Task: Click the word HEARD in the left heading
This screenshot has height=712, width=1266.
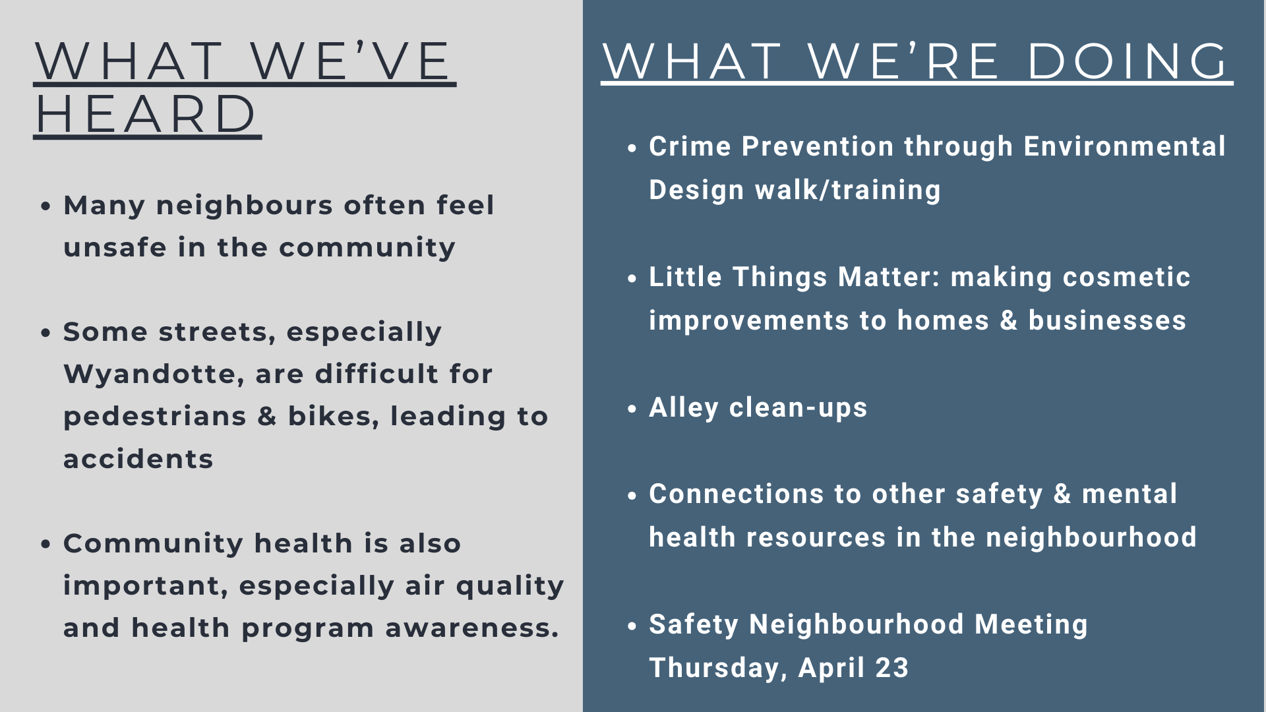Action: coord(146,114)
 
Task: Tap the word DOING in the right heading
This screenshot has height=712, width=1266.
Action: coord(1128,61)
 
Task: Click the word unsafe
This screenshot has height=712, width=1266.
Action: coord(115,247)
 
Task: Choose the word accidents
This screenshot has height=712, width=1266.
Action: coord(138,459)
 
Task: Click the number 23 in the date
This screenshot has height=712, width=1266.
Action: coord(892,668)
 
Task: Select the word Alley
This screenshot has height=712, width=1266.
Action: coord(684,408)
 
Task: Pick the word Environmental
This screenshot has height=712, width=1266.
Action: coord(1124,146)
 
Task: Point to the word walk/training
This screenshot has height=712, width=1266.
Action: coord(848,190)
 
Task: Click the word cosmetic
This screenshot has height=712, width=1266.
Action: coord(1071,277)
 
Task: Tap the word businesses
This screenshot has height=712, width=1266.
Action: coord(1107,320)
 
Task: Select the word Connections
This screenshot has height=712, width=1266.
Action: coord(737,494)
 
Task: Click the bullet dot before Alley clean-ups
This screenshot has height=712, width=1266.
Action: coord(632,409)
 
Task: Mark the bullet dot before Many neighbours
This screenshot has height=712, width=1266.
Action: coord(45,206)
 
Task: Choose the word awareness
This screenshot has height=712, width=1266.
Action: coord(471,628)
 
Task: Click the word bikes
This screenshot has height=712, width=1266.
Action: coord(334,417)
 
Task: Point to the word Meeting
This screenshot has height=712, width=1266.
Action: coord(1031,625)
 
